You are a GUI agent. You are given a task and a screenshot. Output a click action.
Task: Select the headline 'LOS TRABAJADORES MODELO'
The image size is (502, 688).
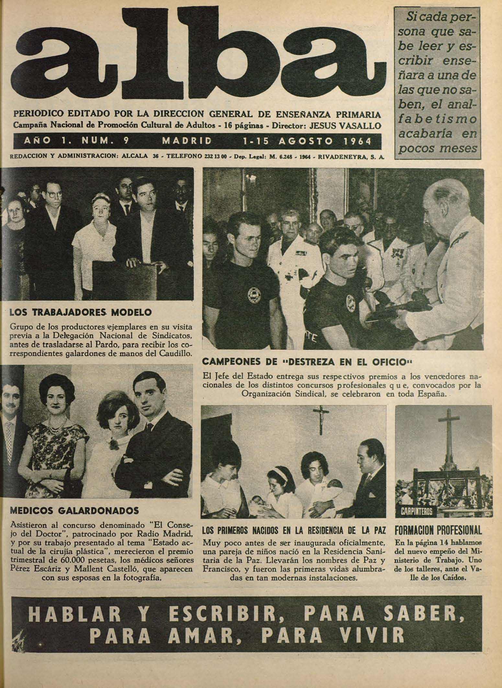click(81, 313)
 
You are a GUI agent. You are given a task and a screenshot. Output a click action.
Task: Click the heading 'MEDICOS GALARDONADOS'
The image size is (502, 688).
click(75, 511)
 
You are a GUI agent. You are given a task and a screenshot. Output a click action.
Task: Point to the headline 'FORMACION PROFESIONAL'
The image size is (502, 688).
click(439, 530)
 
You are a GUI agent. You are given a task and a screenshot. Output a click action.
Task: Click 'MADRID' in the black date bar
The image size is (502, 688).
click(187, 141)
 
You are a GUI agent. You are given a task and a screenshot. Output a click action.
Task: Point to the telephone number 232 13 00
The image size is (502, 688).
click(215, 157)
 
